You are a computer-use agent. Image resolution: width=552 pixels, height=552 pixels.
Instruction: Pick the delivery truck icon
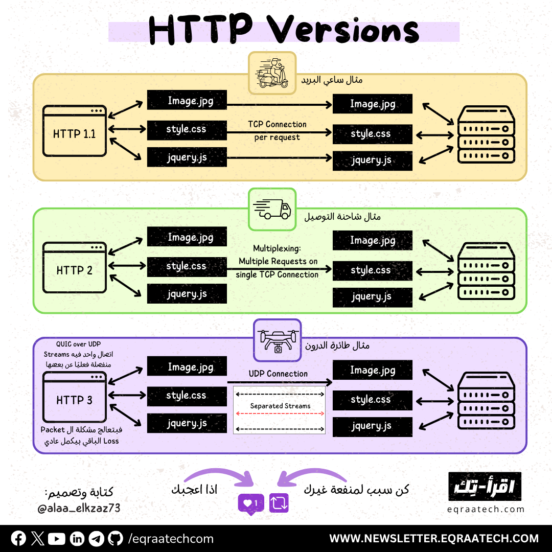tap(272, 209)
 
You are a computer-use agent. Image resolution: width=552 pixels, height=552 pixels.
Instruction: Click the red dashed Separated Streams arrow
tap(280, 413)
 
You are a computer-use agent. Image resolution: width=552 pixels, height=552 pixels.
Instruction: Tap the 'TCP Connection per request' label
tap(277, 131)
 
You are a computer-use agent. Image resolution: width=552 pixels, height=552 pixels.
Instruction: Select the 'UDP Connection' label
tap(278, 374)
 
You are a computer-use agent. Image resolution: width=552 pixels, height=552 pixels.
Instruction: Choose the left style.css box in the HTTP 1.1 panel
tap(187, 130)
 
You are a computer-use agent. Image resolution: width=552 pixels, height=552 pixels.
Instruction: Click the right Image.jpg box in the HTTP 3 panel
tap(372, 371)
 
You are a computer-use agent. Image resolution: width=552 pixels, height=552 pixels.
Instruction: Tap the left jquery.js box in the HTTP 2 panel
tap(187, 294)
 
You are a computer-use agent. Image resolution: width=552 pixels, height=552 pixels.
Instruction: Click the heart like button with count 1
tap(251, 503)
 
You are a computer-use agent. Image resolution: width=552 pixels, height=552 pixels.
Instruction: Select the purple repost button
tap(279, 503)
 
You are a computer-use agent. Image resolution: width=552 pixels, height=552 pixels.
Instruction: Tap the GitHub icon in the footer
tap(116, 538)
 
